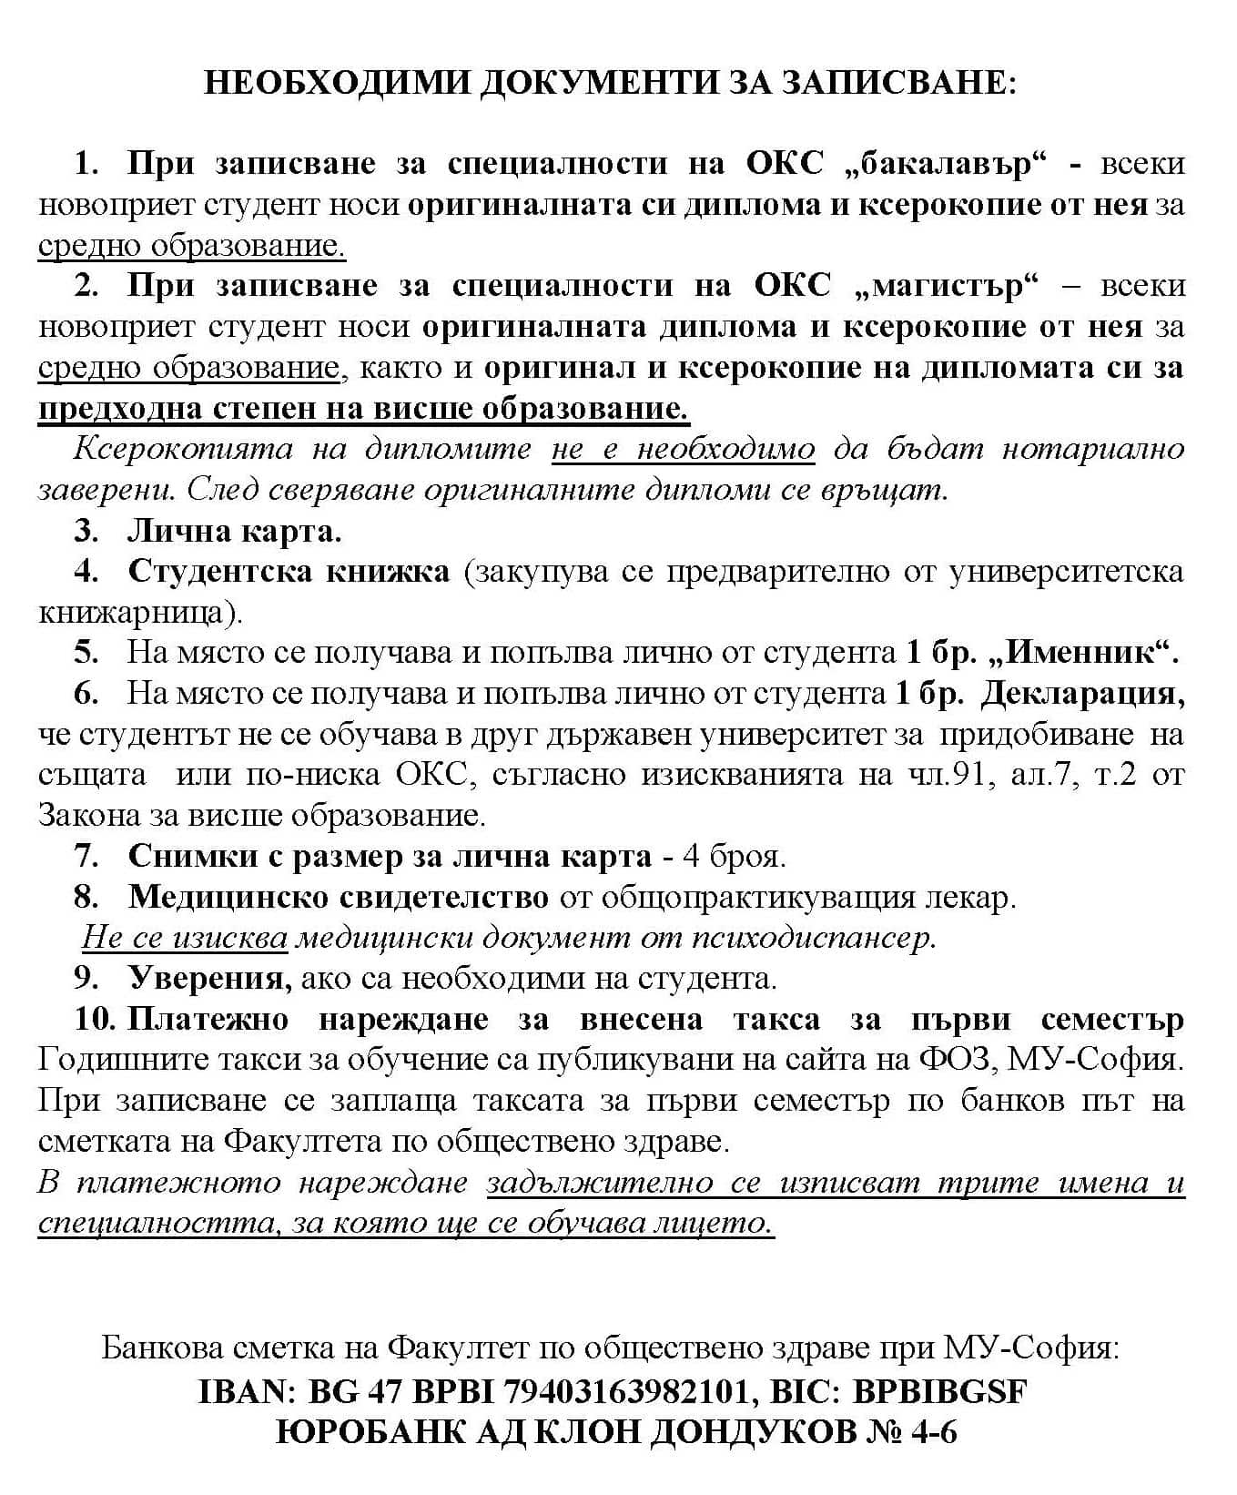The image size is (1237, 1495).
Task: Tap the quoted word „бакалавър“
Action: coord(946,164)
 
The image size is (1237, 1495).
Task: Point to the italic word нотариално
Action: coord(1093,449)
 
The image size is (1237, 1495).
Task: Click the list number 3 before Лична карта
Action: coord(86,531)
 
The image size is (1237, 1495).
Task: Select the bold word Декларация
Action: coord(1082,694)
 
